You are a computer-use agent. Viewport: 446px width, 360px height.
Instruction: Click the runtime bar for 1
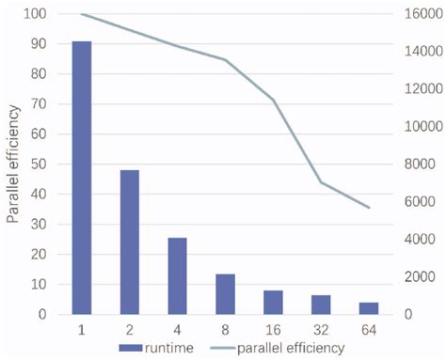click(x=81, y=178)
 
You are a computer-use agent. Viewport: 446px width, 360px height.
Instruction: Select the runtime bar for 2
click(x=130, y=242)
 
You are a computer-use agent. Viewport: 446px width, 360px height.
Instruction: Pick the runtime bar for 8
click(x=225, y=293)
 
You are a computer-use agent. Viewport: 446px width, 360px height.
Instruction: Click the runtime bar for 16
click(x=273, y=302)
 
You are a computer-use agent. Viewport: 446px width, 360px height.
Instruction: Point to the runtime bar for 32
click(x=321, y=304)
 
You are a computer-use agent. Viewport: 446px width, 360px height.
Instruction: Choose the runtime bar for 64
click(x=369, y=307)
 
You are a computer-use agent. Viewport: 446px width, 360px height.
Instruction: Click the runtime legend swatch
click(x=130, y=348)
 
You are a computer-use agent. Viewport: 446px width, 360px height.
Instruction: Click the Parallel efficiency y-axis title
click(x=13, y=164)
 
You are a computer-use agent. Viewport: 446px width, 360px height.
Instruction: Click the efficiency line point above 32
click(x=321, y=182)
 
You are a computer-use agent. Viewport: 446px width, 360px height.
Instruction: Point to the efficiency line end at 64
click(x=369, y=208)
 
